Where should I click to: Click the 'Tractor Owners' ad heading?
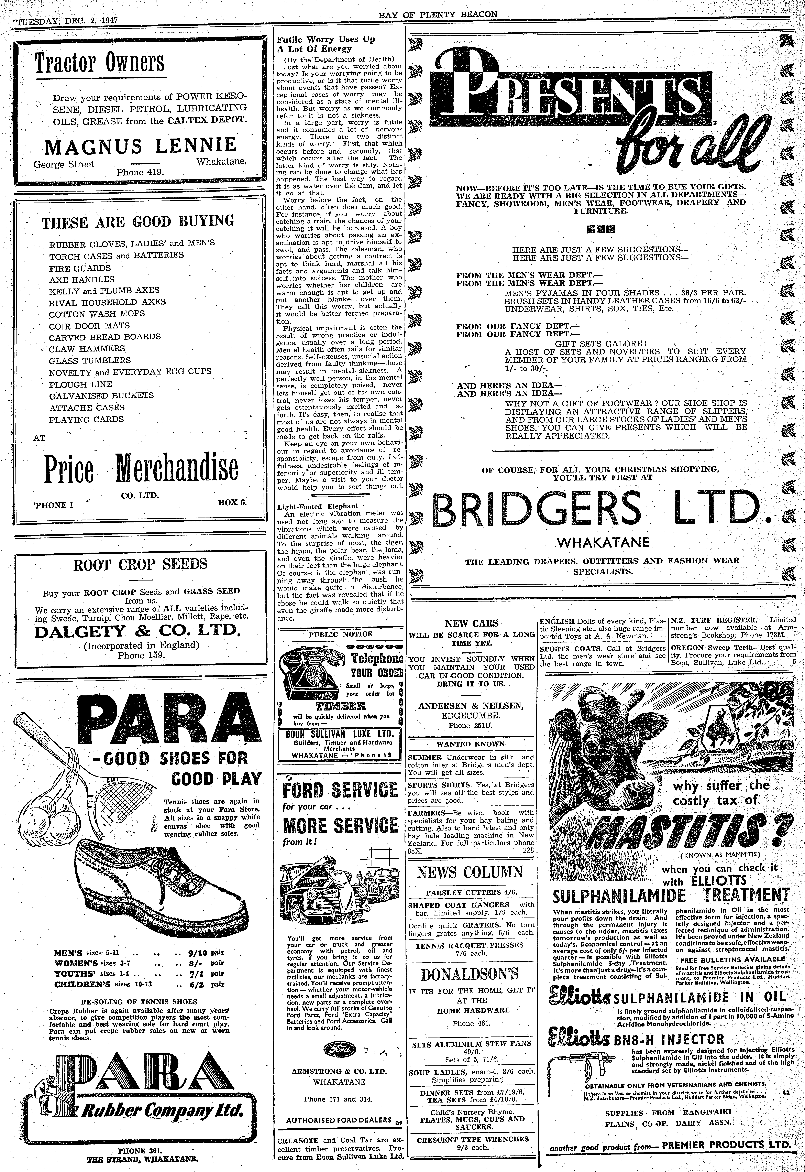pos(99,63)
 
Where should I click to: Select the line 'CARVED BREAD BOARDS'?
pos(105,337)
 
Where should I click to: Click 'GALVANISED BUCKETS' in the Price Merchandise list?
pos(101,395)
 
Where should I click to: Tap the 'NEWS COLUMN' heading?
pos(470,872)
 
